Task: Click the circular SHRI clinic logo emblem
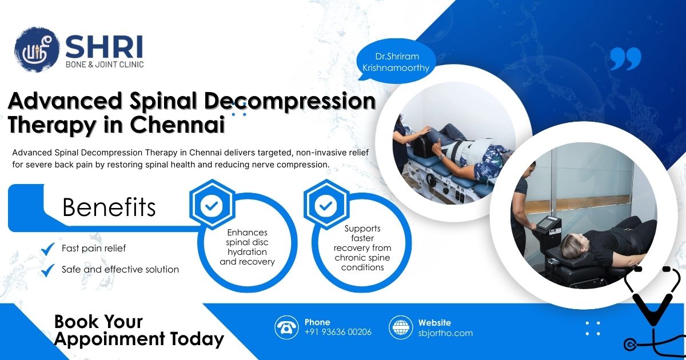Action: point(37,50)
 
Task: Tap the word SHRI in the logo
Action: point(103,46)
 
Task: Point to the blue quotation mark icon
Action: point(625,59)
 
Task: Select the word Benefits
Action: point(109,207)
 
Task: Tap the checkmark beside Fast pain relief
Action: point(48,249)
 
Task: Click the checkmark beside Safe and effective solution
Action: point(48,269)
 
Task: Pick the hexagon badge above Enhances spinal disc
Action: point(211,205)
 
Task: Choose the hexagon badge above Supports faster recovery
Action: point(325,205)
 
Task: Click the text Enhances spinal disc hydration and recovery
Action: point(247,247)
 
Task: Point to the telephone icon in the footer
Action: point(286,327)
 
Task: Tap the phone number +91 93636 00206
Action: point(338,332)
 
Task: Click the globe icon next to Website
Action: point(400,327)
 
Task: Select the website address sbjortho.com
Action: point(445,333)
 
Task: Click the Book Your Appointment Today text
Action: point(138,330)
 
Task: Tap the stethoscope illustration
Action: point(652,309)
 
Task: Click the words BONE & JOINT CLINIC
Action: point(104,65)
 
